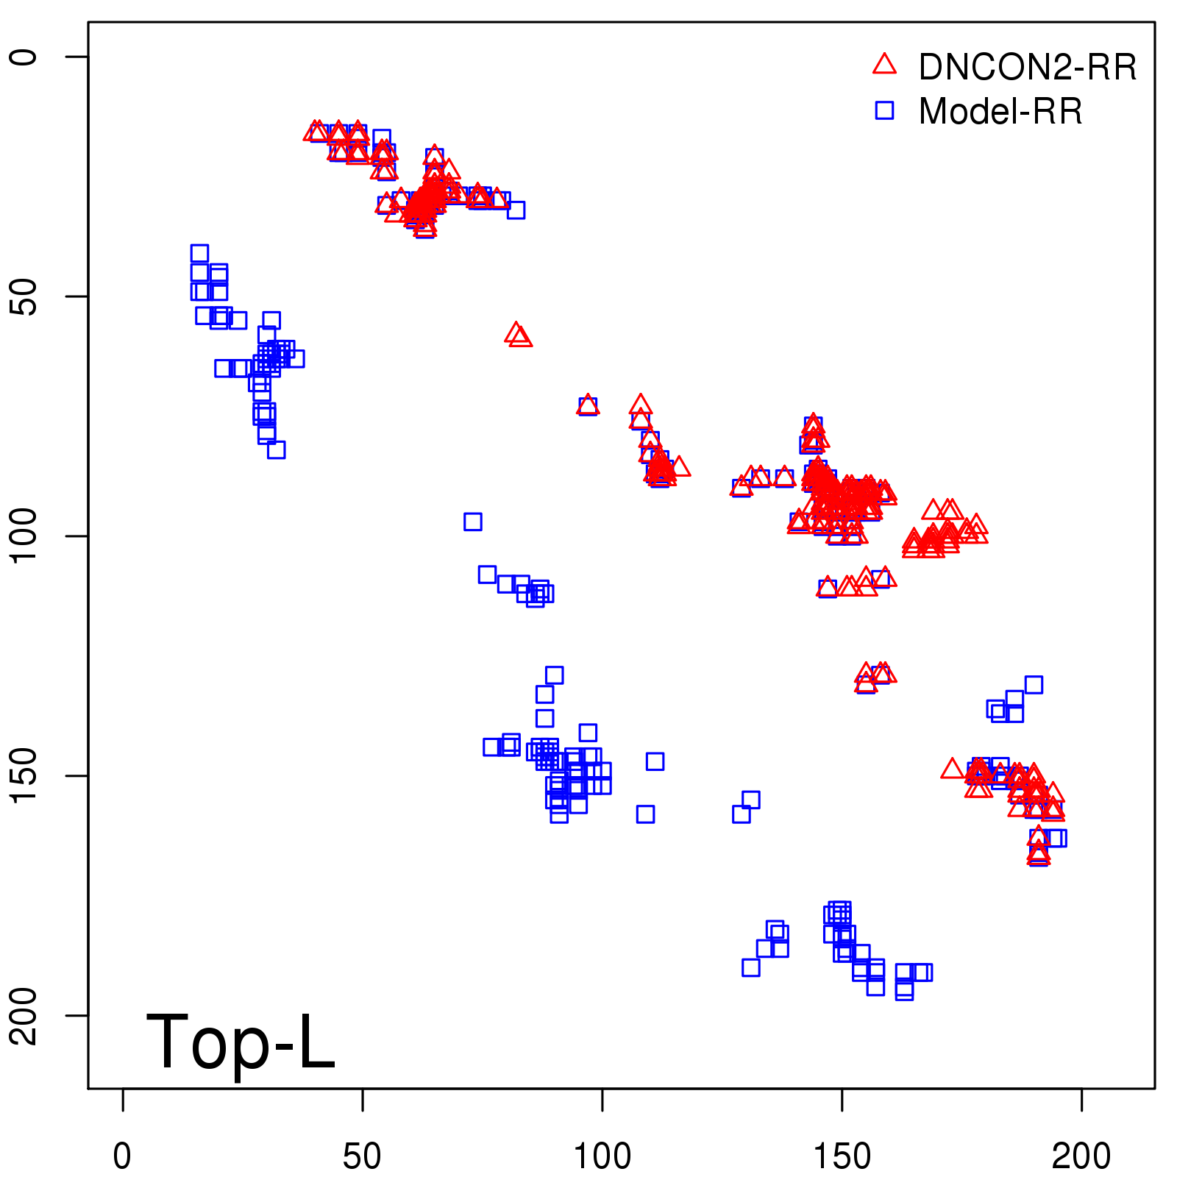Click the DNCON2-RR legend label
coord(1027,67)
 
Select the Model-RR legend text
coord(1000,112)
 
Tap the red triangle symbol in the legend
coord(884,65)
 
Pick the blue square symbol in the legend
coord(884,110)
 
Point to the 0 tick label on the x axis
coord(122,1156)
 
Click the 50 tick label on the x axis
coord(362,1156)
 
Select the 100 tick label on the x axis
coord(602,1156)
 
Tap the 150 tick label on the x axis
coord(842,1156)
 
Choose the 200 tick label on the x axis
coord(1081,1156)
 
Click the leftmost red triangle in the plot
coord(316,132)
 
